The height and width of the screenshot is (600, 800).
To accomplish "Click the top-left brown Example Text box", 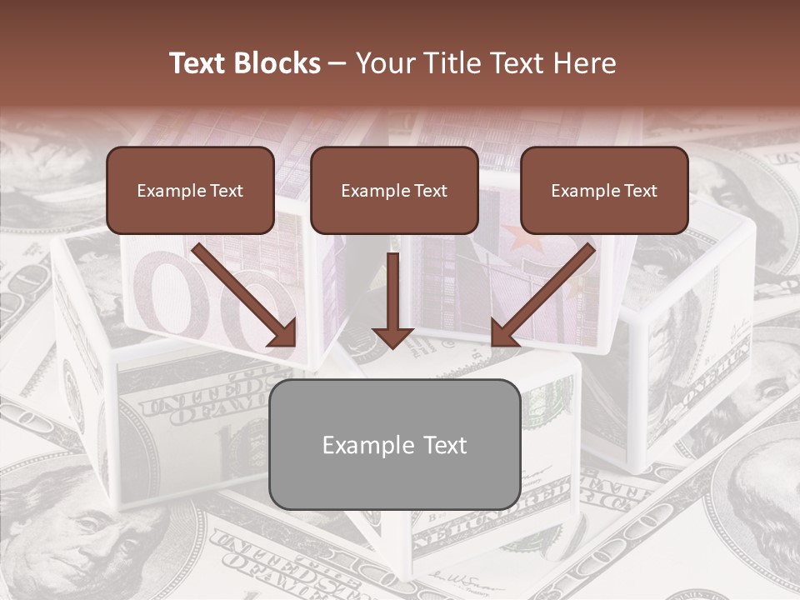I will coord(190,191).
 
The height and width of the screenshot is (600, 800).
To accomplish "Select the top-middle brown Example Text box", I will coord(394,191).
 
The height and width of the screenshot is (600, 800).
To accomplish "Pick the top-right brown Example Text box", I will coord(604,191).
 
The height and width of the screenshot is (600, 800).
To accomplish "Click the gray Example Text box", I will coord(394,445).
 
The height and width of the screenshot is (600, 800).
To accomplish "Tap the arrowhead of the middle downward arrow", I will coord(392,337).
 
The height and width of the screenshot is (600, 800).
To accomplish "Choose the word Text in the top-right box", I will coord(639,191).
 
